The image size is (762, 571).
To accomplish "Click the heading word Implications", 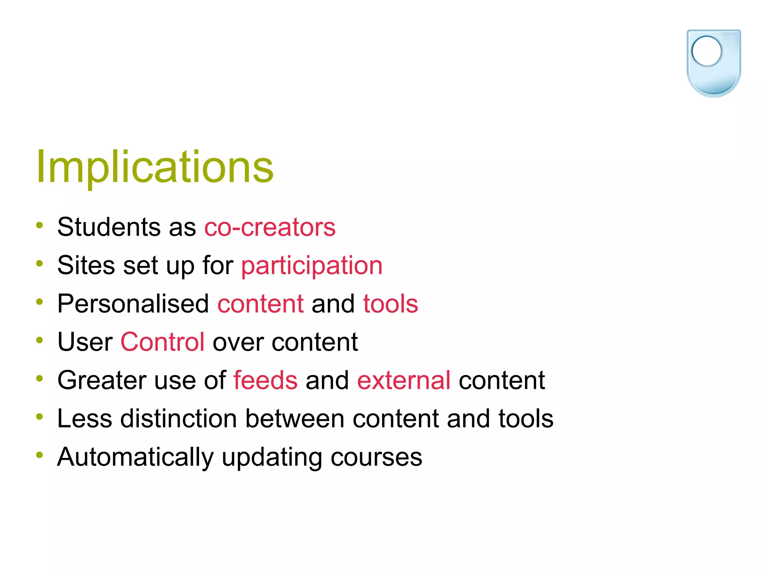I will tap(155, 167).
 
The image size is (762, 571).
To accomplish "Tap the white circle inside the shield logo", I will tap(706, 51).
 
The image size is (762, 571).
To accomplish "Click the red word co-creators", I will tap(270, 227).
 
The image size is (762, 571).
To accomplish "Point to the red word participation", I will tap(312, 266).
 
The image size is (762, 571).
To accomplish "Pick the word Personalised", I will tap(133, 304).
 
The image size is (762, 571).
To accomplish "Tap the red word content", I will tap(260, 304).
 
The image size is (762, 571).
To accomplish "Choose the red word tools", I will tap(390, 304).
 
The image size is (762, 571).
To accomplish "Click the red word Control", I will tap(162, 342).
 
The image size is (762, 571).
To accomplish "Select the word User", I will tap(85, 342).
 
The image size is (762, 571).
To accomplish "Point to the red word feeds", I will tap(265, 380).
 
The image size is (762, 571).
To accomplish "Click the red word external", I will tap(404, 380).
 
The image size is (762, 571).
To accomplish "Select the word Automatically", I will tap(135, 457).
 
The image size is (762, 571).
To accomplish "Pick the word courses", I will tap(376, 457).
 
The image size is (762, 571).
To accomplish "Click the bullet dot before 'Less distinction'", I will tap(39, 417).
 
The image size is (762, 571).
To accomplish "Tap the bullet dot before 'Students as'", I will tap(39, 225).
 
